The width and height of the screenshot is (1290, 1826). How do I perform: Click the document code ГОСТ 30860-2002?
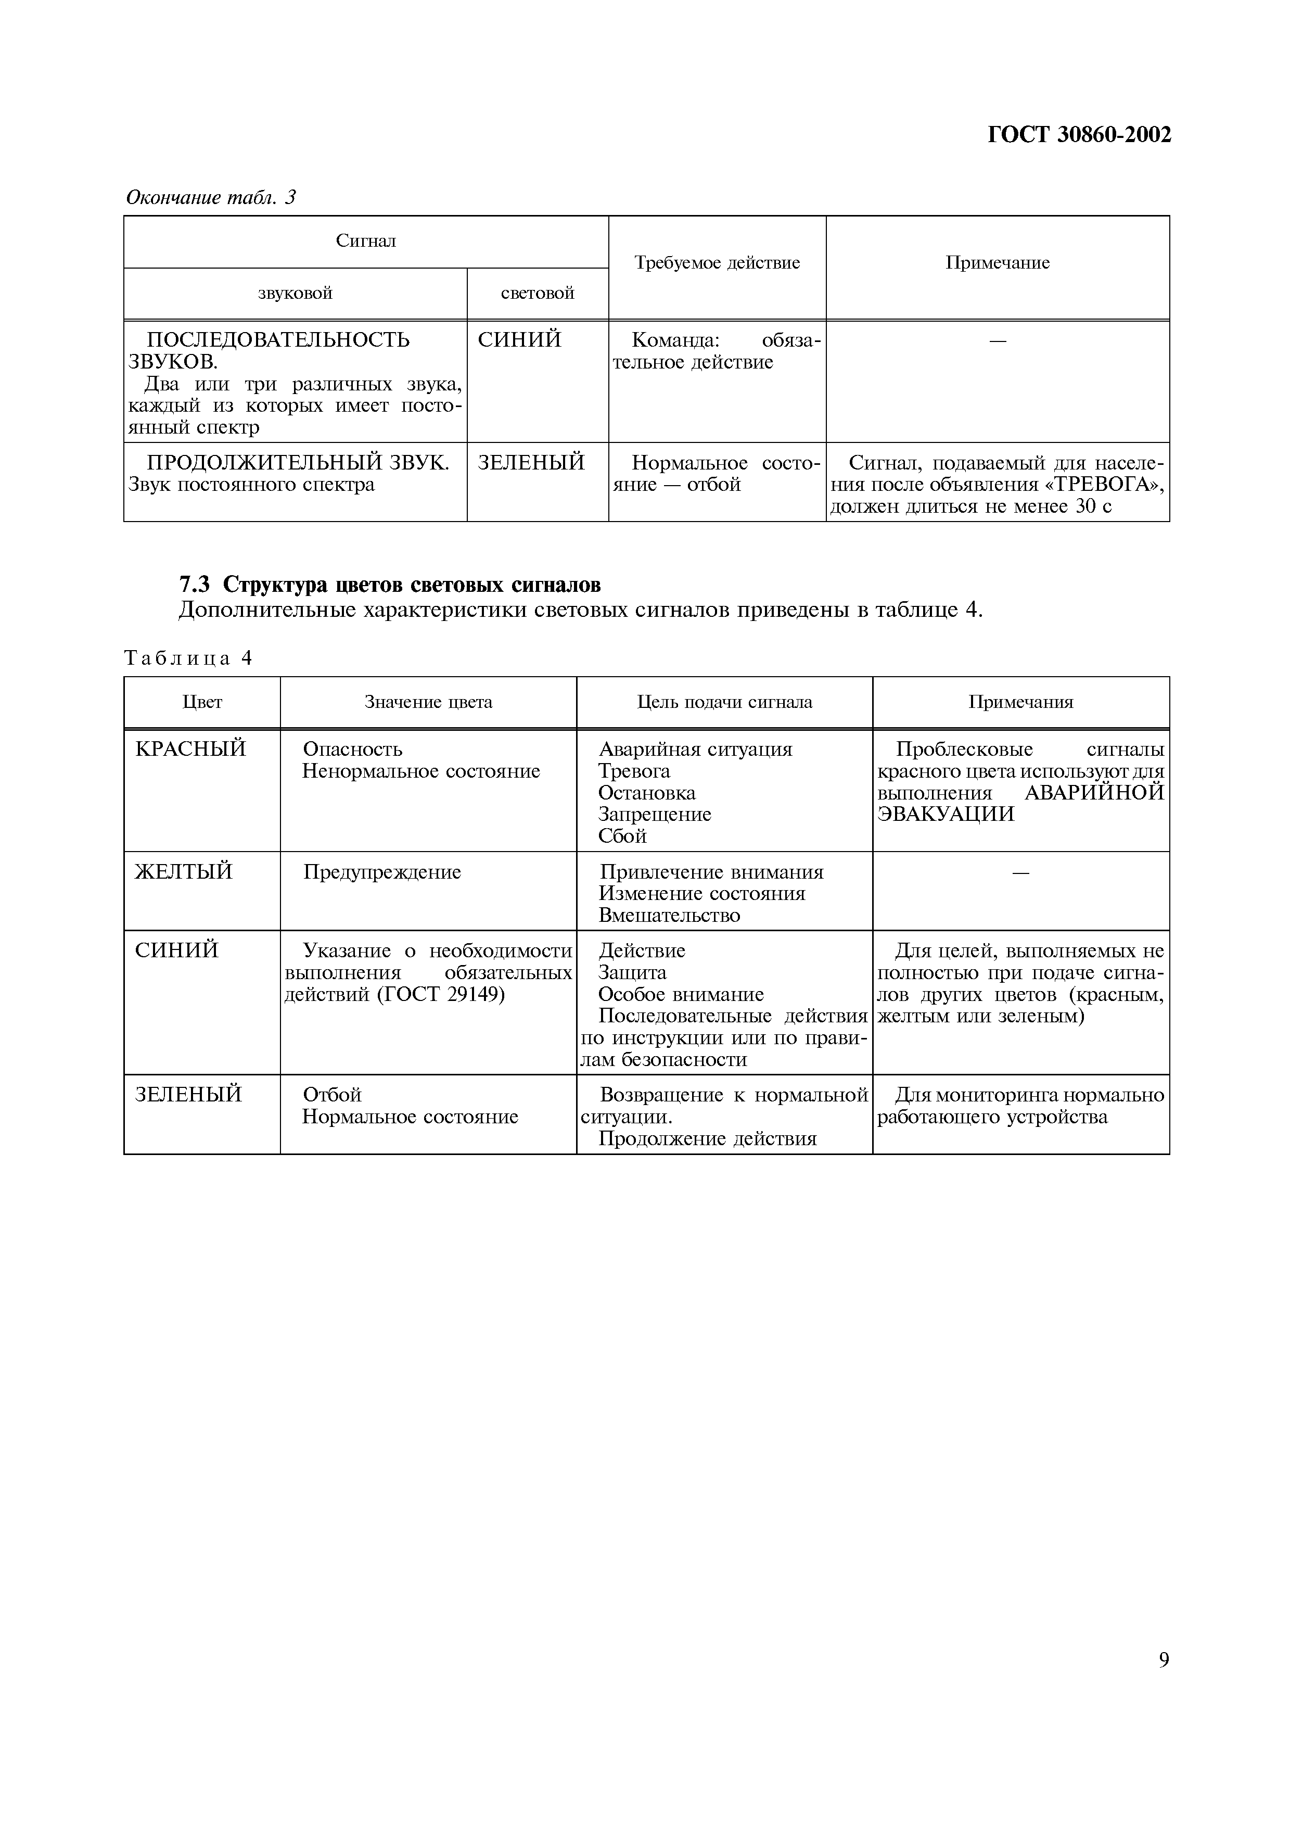click(x=1079, y=135)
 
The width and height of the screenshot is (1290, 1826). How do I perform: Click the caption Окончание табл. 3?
click(x=211, y=197)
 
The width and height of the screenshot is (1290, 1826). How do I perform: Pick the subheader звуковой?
click(x=295, y=294)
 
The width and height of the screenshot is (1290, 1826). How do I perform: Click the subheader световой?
click(x=538, y=294)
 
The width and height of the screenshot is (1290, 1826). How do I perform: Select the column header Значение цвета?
click(x=428, y=702)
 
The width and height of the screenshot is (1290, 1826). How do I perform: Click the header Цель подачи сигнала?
click(x=724, y=702)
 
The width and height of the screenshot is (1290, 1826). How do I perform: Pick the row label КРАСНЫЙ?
click(x=191, y=749)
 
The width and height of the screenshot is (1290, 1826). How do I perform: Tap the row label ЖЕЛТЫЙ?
click(x=184, y=872)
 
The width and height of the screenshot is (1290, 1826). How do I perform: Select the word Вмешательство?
click(x=669, y=916)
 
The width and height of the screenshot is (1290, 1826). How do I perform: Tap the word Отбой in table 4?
click(x=332, y=1095)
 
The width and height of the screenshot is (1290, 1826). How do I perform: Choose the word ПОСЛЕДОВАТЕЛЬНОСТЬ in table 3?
click(x=278, y=340)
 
